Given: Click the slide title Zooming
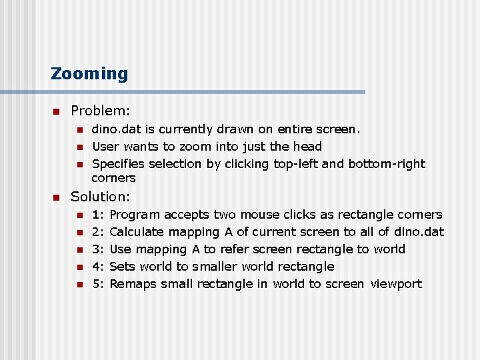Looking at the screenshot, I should (x=89, y=73).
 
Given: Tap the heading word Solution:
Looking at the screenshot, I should (x=100, y=197).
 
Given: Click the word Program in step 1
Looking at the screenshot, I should (x=135, y=215).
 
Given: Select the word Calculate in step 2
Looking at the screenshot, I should (x=137, y=232).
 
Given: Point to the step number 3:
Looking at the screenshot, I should (x=97, y=249).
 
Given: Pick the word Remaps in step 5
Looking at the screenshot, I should (x=131, y=284).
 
